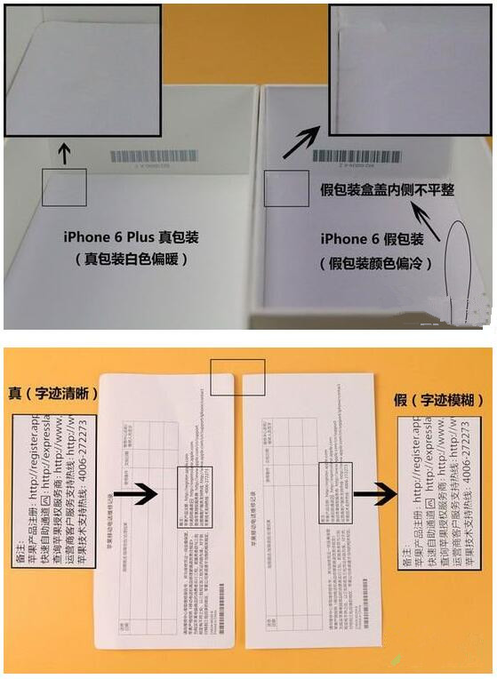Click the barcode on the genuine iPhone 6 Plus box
[155, 156]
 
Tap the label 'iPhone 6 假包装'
[372, 240]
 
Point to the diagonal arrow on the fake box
[300, 141]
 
